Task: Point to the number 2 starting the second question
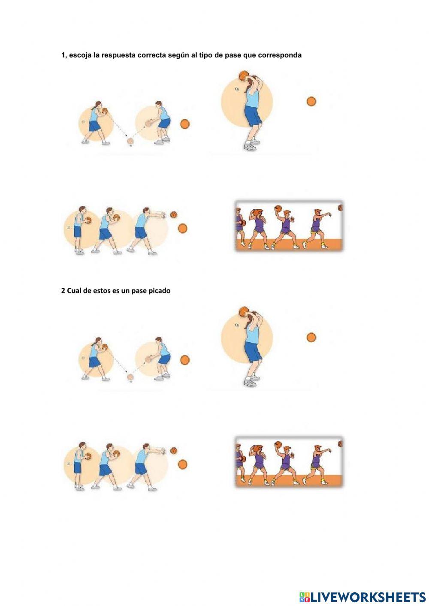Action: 63,291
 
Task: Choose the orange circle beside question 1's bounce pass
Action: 185,124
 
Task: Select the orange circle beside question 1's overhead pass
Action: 311,102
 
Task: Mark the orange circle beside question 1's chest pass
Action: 183,228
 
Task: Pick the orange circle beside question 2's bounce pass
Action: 185,360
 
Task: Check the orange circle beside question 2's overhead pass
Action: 311,338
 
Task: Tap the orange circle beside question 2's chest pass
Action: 183,464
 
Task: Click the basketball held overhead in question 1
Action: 243,75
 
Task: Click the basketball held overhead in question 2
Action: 243,311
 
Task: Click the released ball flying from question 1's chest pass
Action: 174,214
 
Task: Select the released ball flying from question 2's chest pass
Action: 174,451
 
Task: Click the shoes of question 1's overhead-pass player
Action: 250,146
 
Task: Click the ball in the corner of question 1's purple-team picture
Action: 341,208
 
